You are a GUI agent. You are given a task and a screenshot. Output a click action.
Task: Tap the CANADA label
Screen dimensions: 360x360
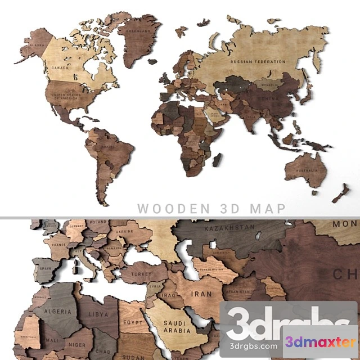(60, 68)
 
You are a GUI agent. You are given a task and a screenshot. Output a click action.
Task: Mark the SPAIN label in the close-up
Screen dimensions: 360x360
(46, 269)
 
